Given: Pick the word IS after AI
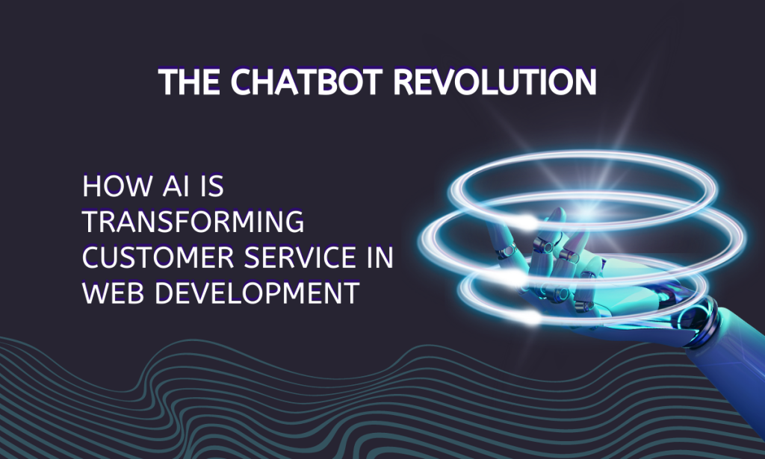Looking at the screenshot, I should (211, 187).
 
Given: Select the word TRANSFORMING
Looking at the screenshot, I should (193, 222).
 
